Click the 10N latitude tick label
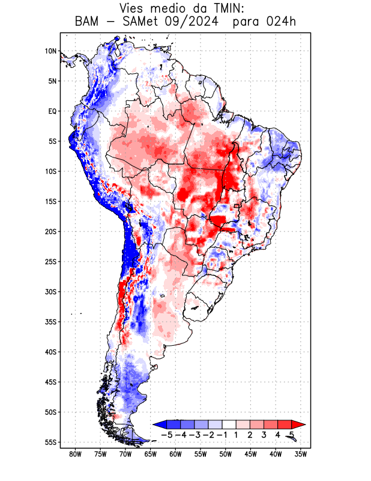click(50, 51)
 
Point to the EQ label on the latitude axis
click(52, 111)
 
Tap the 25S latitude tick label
click(50, 262)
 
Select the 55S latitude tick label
click(50, 442)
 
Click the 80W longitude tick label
click(75, 454)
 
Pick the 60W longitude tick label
click(175, 454)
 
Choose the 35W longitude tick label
click(301, 454)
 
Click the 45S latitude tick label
click(50, 382)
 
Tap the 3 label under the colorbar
click(264, 434)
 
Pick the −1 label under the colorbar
click(222, 434)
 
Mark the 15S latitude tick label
click(50, 201)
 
